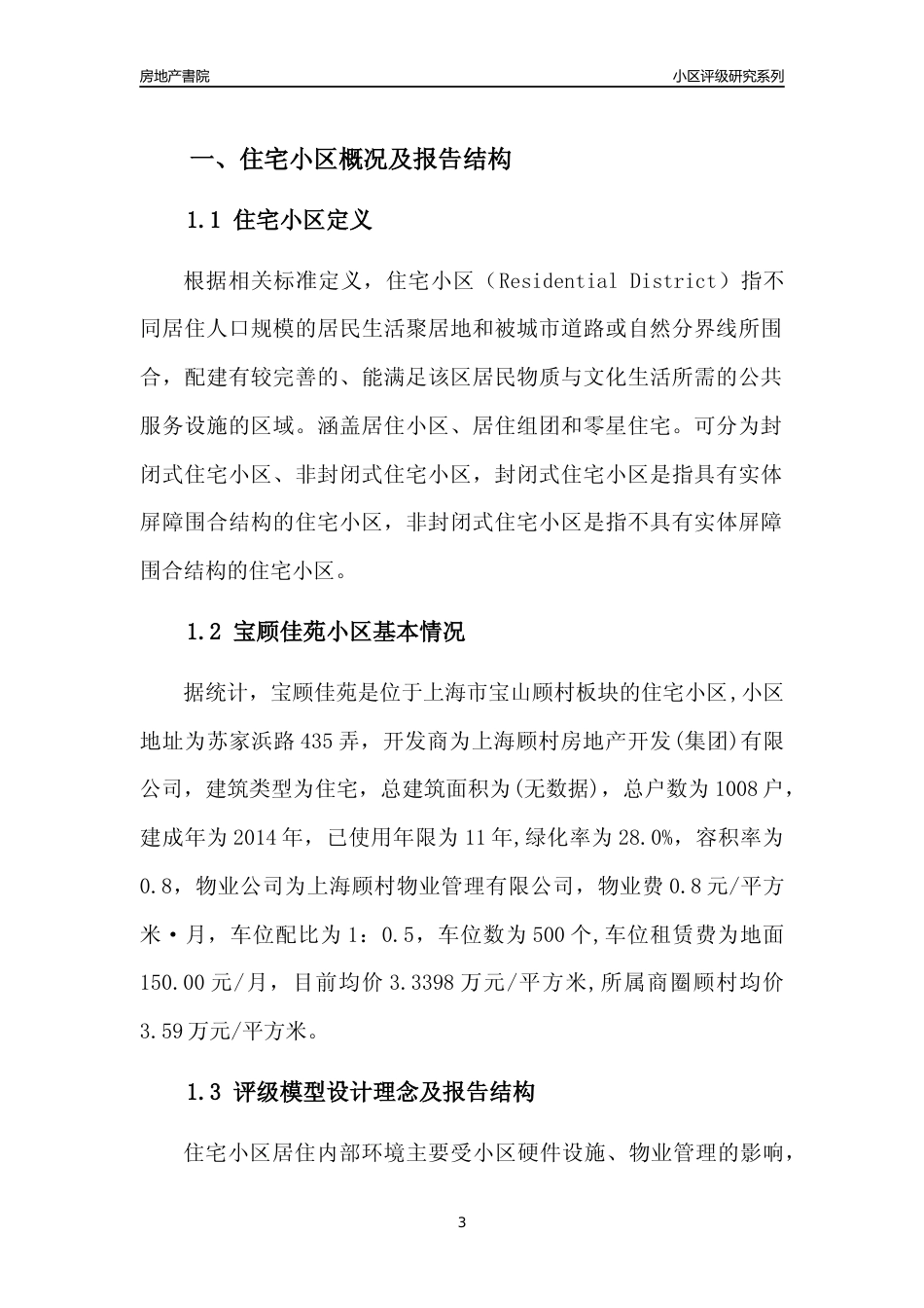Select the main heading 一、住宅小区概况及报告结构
(x=350, y=160)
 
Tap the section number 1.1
(x=204, y=220)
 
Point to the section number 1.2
(x=204, y=633)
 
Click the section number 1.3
(x=204, y=1092)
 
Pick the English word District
(x=671, y=281)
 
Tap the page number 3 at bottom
(x=462, y=1223)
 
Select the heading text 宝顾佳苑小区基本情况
(x=350, y=633)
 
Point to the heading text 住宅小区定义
(x=303, y=220)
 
